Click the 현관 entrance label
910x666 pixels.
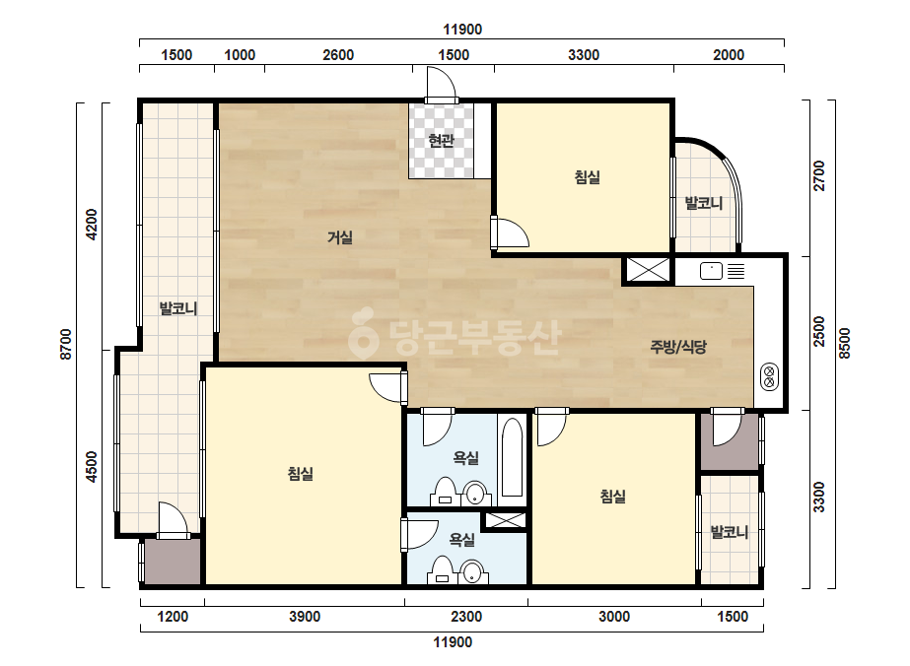pos(441,141)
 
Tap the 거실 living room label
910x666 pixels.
pos(340,237)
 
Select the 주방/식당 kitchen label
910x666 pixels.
pos(678,347)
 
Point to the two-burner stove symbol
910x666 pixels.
pos(770,376)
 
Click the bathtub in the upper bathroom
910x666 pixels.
pos(512,458)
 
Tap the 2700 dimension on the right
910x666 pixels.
pos(818,175)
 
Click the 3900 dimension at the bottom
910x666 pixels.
pos(305,616)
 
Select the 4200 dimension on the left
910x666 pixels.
pos(92,225)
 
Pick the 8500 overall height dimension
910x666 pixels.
pos(844,344)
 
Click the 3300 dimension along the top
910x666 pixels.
pos(584,55)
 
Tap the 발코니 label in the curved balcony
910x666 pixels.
pos(703,203)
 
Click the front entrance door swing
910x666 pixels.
pos(442,83)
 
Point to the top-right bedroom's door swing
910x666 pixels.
pos(510,233)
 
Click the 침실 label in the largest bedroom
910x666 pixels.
pos(301,474)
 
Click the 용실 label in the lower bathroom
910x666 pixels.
pos(462,540)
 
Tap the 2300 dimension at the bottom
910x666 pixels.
pos(466,616)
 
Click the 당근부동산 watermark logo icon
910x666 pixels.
pos(363,333)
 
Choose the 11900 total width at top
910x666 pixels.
pos(462,30)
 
